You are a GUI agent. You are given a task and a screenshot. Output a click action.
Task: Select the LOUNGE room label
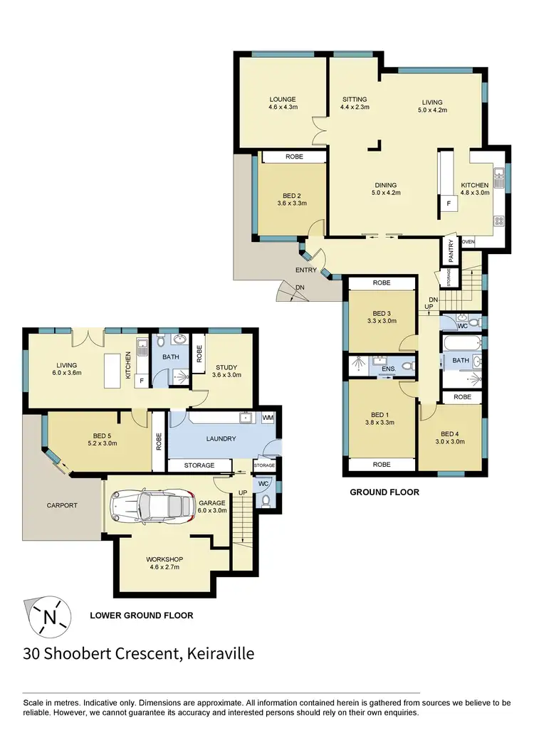(x=283, y=100)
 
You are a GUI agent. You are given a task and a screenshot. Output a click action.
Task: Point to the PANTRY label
(x=451, y=250)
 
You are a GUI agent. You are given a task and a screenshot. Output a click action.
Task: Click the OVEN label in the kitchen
(x=468, y=242)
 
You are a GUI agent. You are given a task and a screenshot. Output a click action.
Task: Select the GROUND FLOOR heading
(x=384, y=492)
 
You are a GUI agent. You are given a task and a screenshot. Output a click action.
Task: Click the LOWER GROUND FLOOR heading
(x=141, y=615)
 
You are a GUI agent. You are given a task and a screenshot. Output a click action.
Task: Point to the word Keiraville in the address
(x=219, y=652)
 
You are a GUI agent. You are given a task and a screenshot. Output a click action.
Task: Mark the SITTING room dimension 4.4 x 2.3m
(x=355, y=107)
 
